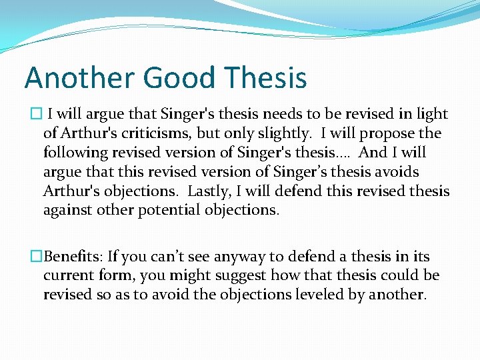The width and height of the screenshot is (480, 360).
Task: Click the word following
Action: [75, 153]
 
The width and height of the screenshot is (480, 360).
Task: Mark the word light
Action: [432, 114]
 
